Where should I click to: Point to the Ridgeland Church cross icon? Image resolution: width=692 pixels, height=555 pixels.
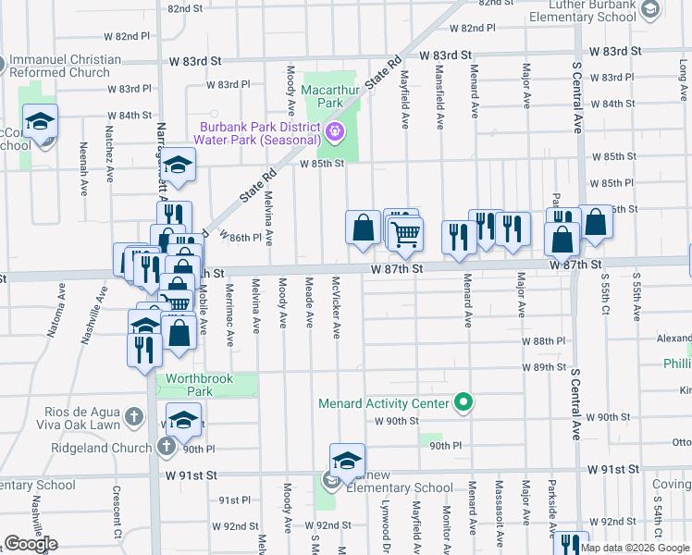[167, 448]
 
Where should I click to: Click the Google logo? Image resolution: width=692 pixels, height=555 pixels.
[31, 544]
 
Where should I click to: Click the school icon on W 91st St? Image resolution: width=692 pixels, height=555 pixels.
[347, 461]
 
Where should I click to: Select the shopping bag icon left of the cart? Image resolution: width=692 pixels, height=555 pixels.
[364, 228]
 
